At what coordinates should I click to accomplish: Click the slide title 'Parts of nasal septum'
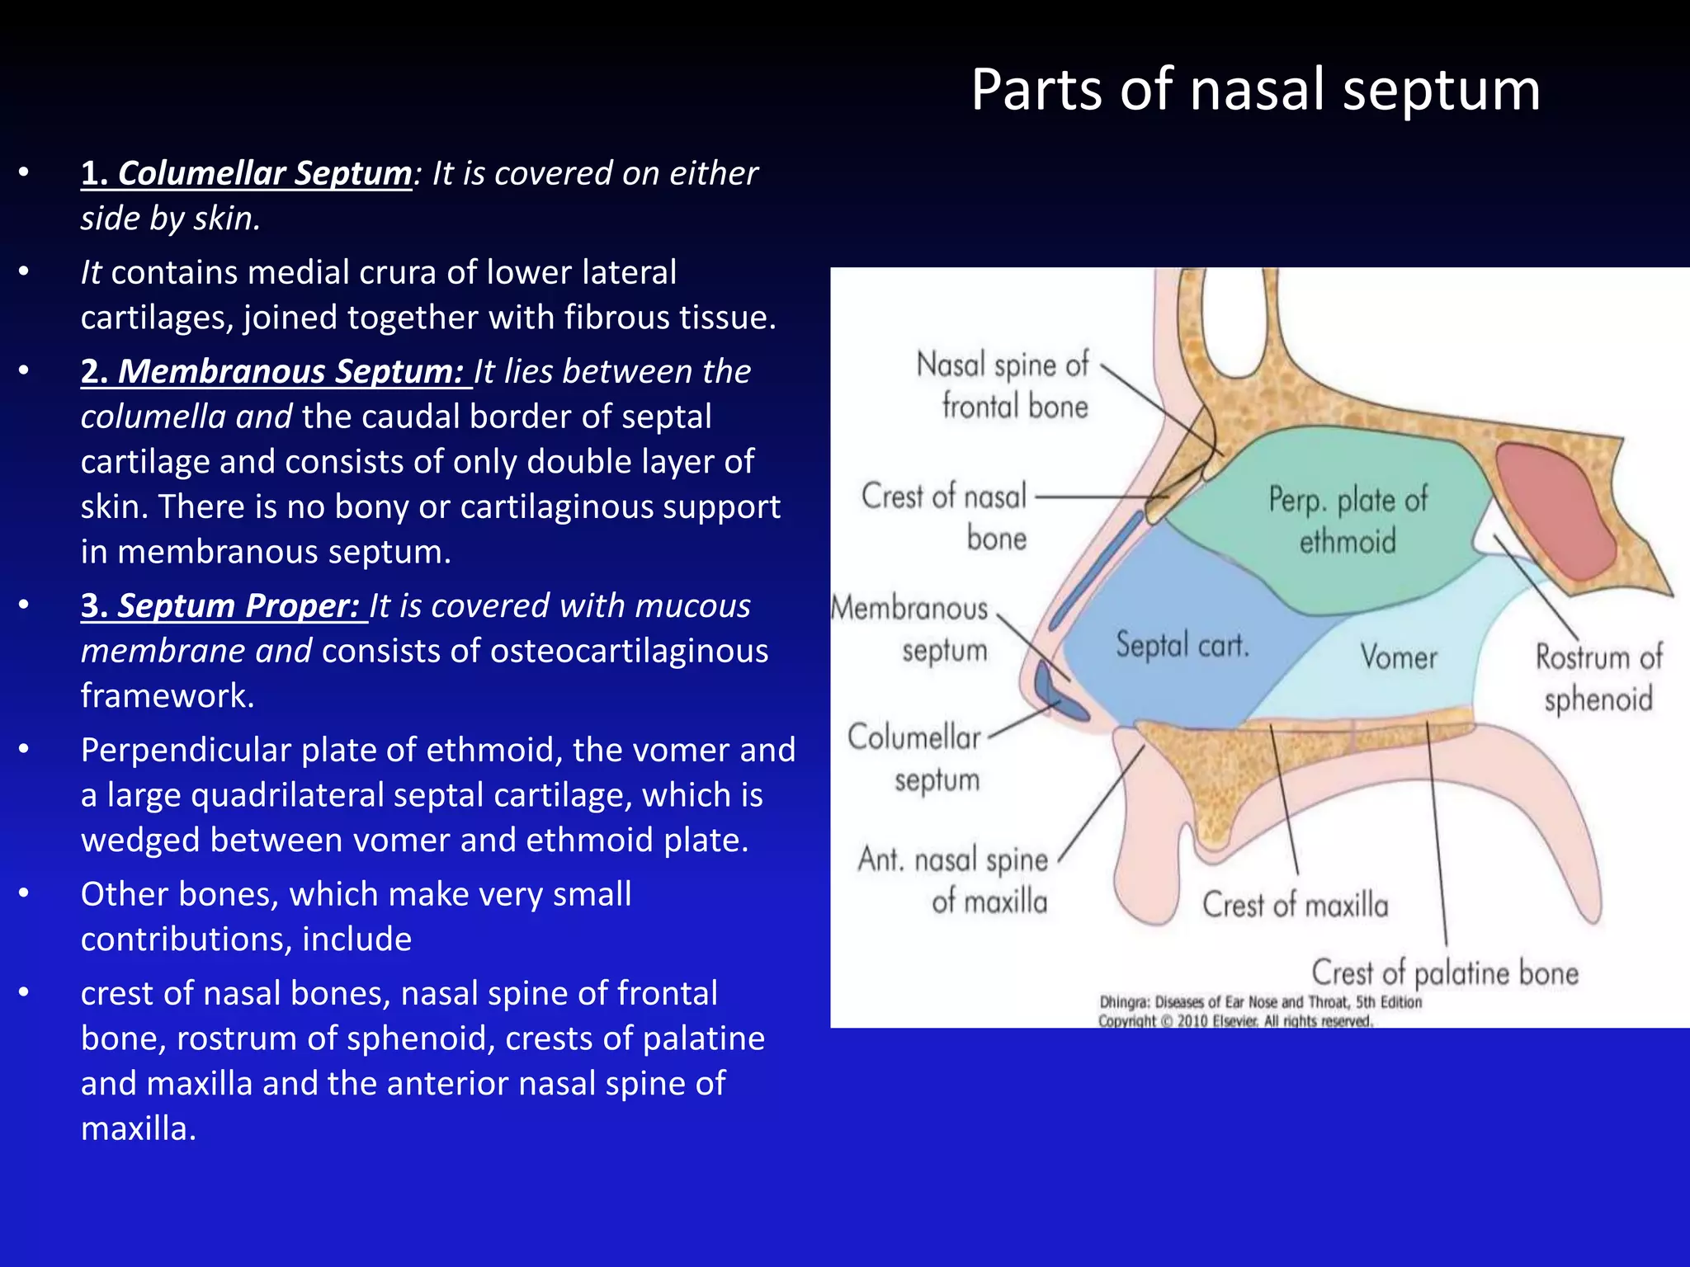(x=1255, y=89)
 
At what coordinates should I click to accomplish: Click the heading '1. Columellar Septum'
(x=246, y=173)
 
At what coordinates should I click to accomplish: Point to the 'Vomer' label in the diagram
(x=1399, y=657)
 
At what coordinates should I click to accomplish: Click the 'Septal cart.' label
(x=1182, y=644)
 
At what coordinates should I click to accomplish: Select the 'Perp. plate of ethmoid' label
(x=1348, y=520)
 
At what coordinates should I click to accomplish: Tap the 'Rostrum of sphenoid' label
(x=1598, y=678)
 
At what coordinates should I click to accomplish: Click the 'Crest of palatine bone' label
(x=1445, y=973)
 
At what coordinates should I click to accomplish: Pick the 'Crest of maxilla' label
(x=1295, y=905)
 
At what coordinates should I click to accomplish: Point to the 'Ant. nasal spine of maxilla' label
(x=953, y=880)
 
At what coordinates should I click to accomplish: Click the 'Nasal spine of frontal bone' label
(x=1003, y=385)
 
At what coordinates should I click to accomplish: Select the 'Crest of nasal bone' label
(x=945, y=517)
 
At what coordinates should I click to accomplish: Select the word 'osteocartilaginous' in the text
(x=629, y=651)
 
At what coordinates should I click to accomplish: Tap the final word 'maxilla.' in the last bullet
(x=139, y=1128)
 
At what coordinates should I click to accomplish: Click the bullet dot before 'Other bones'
(x=24, y=894)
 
